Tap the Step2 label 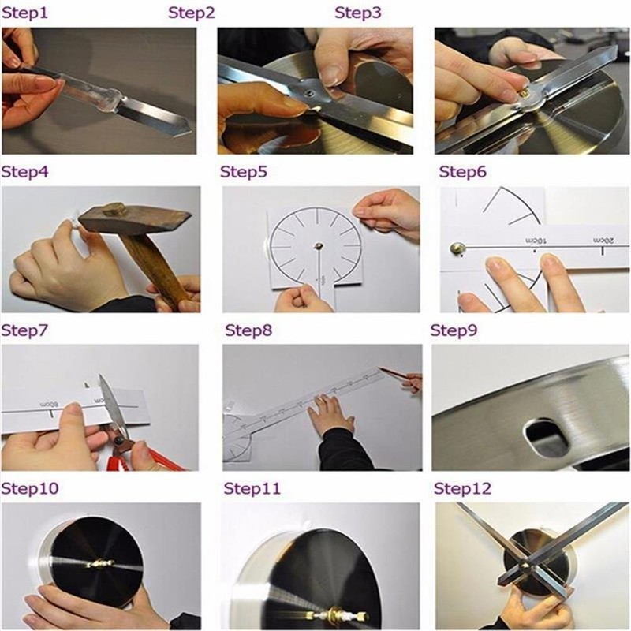[x=192, y=13]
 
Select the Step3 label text [x=358, y=13]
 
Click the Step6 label [x=462, y=172]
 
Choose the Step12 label [x=463, y=489]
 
